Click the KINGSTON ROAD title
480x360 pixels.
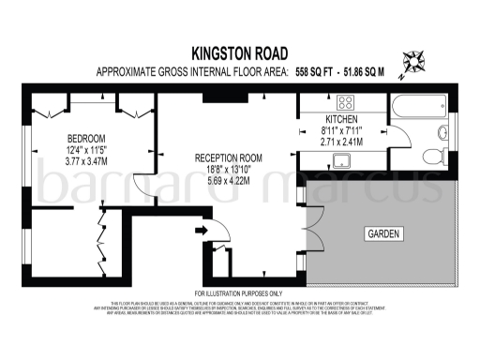(240, 54)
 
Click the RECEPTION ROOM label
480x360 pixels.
(228, 157)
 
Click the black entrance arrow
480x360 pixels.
(200, 229)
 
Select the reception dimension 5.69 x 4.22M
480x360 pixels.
(228, 180)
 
